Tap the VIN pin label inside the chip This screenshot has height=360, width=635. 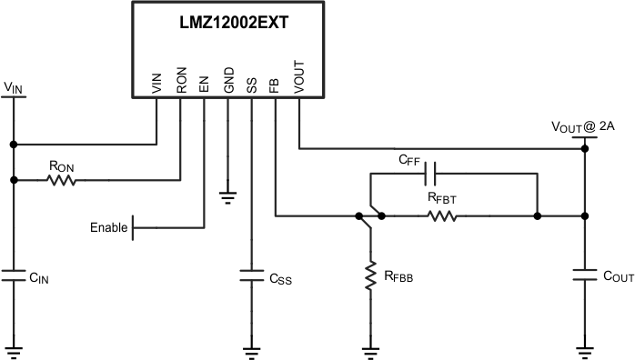pos(156,84)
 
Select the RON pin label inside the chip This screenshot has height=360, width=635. pos(180,83)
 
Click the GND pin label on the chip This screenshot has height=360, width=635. pos(227,83)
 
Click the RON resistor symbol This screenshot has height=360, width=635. pos(62,180)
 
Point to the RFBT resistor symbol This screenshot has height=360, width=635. pos(442,216)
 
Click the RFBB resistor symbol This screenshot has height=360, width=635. pos(371,276)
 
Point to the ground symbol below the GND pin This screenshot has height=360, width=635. pos(227,194)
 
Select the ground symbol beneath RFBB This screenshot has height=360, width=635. pos(371,349)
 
